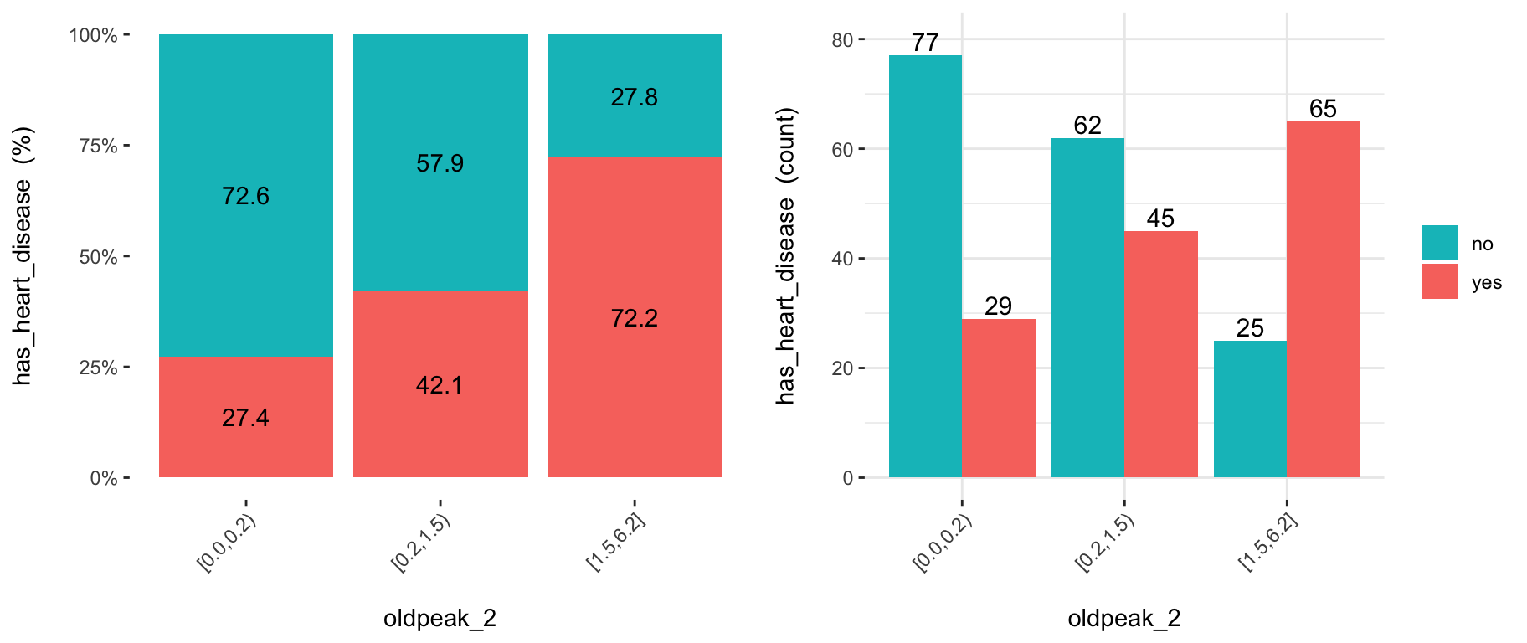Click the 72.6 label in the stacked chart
(x=245, y=196)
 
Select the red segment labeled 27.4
(x=246, y=417)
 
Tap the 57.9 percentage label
(x=440, y=163)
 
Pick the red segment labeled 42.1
(x=440, y=384)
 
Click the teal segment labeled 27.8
(x=635, y=95)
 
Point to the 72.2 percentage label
(x=635, y=318)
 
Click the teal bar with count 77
(x=925, y=266)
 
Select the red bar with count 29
(x=999, y=398)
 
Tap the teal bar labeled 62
(x=1087, y=307)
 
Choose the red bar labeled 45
(x=1161, y=354)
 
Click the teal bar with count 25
(x=1250, y=409)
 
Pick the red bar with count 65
(x=1324, y=299)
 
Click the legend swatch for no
(x=1440, y=243)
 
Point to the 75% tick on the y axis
(x=98, y=146)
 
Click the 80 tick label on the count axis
(x=842, y=39)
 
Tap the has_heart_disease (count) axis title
(x=786, y=256)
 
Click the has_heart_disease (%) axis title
(x=23, y=256)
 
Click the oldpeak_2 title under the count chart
(x=1124, y=619)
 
